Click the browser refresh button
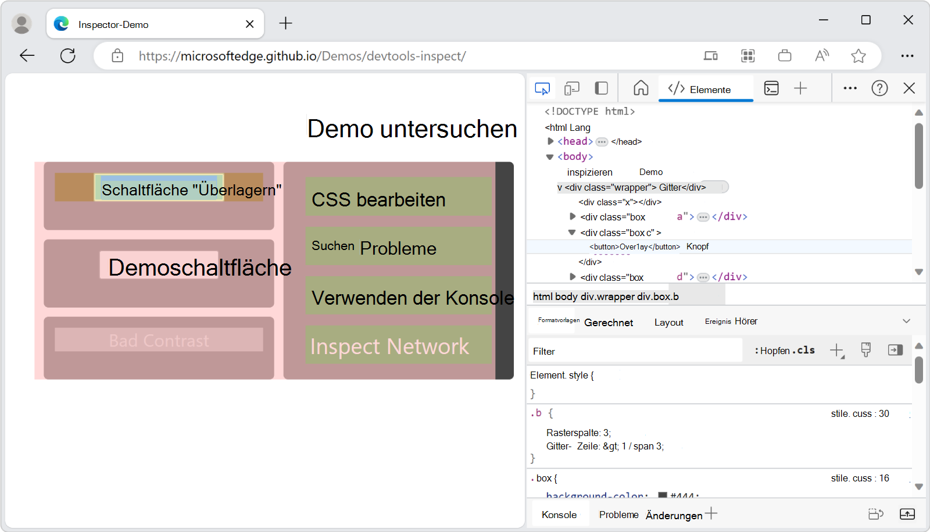pos(68,56)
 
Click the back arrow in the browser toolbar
pos(27,56)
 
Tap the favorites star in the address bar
pos(858,56)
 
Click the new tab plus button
pos(285,24)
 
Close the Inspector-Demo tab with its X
pos(249,24)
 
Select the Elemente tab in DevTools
pos(706,89)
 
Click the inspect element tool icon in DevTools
pos(542,88)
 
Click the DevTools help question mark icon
pos(879,88)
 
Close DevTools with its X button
pos(909,88)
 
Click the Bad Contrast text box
pos(159,340)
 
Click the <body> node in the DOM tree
pos(575,156)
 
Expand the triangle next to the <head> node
pos(550,141)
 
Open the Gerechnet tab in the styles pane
pos(608,322)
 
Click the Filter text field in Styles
pos(634,351)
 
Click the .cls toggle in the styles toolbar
pos(805,350)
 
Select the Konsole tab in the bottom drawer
pos(559,515)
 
